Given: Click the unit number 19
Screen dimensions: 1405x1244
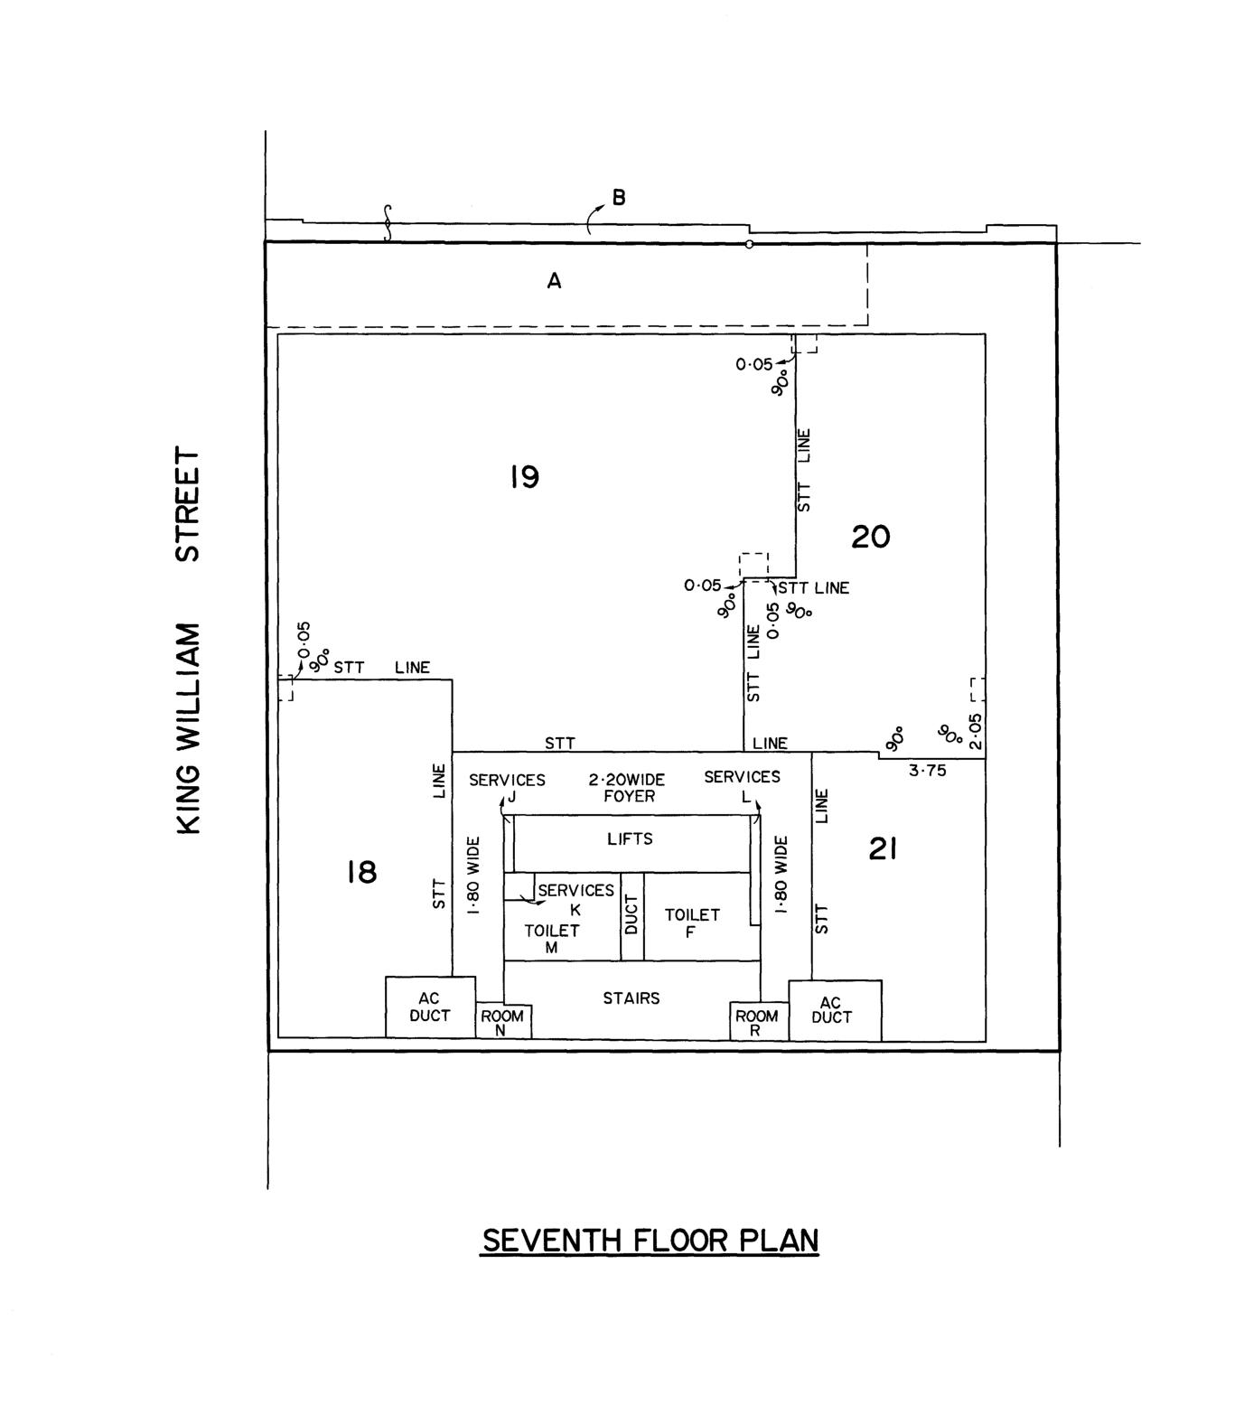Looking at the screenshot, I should (x=524, y=476).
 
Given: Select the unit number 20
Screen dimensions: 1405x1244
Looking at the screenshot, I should (x=871, y=537).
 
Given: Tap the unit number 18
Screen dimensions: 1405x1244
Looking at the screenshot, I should (x=361, y=872).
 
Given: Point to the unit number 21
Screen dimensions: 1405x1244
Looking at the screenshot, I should (x=882, y=848).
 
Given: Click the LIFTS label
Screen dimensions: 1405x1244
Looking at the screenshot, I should (x=630, y=839).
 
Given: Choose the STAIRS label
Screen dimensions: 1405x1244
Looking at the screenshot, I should (x=631, y=998).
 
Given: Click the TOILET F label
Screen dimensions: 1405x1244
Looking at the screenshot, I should (x=692, y=923).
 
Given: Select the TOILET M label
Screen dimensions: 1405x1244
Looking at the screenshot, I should (x=551, y=938).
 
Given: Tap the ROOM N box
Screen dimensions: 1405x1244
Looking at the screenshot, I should (x=502, y=1021).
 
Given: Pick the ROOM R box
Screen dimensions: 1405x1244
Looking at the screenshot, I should (x=757, y=1022).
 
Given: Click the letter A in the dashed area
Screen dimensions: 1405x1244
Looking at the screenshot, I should (x=554, y=281).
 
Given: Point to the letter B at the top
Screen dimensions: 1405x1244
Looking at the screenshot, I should (x=619, y=197).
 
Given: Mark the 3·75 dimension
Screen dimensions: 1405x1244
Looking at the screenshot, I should (x=927, y=771).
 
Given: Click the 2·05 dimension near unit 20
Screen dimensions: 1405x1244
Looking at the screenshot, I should (x=974, y=732).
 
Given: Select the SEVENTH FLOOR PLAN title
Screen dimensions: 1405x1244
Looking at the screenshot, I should (x=650, y=1241).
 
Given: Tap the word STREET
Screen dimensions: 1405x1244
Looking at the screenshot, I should (x=188, y=503).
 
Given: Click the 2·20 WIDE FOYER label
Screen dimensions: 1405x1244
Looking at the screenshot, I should (x=627, y=788).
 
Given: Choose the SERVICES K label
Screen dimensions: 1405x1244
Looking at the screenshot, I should (x=575, y=899).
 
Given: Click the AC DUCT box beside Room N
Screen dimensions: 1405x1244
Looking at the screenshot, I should (x=430, y=1007).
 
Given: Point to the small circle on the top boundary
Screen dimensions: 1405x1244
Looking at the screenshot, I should (x=749, y=244).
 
